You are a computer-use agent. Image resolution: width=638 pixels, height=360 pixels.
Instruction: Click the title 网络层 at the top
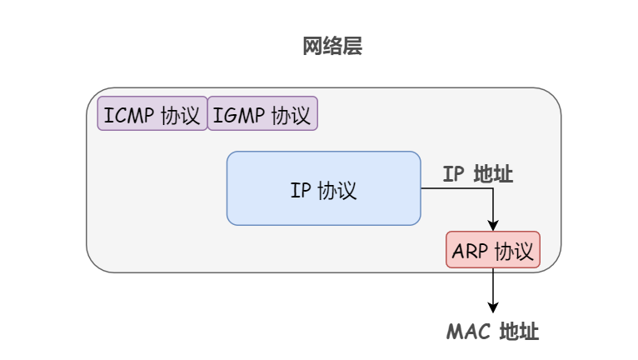[332, 47]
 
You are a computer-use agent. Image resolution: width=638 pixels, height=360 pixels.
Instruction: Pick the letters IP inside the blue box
[300, 189]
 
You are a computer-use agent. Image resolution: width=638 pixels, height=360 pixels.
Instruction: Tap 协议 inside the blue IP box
[337, 189]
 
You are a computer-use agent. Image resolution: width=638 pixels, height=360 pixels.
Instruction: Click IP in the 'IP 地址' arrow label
[453, 174]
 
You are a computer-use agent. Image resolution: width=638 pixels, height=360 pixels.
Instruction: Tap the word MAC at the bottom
[468, 332]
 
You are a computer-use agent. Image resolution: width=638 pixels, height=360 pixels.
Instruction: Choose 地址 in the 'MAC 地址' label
[519, 332]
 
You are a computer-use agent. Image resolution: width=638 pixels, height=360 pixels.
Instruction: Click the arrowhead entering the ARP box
[493, 225]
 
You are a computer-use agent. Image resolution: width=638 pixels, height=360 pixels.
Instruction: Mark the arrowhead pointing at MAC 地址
[493, 307]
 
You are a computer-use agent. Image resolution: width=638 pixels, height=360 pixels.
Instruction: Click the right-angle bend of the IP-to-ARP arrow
[493, 188]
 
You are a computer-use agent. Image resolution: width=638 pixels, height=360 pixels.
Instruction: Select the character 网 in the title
[312, 47]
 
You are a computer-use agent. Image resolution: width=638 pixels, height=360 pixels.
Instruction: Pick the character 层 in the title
[352, 47]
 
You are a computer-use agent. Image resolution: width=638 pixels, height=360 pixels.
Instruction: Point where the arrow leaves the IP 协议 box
[421, 188]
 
